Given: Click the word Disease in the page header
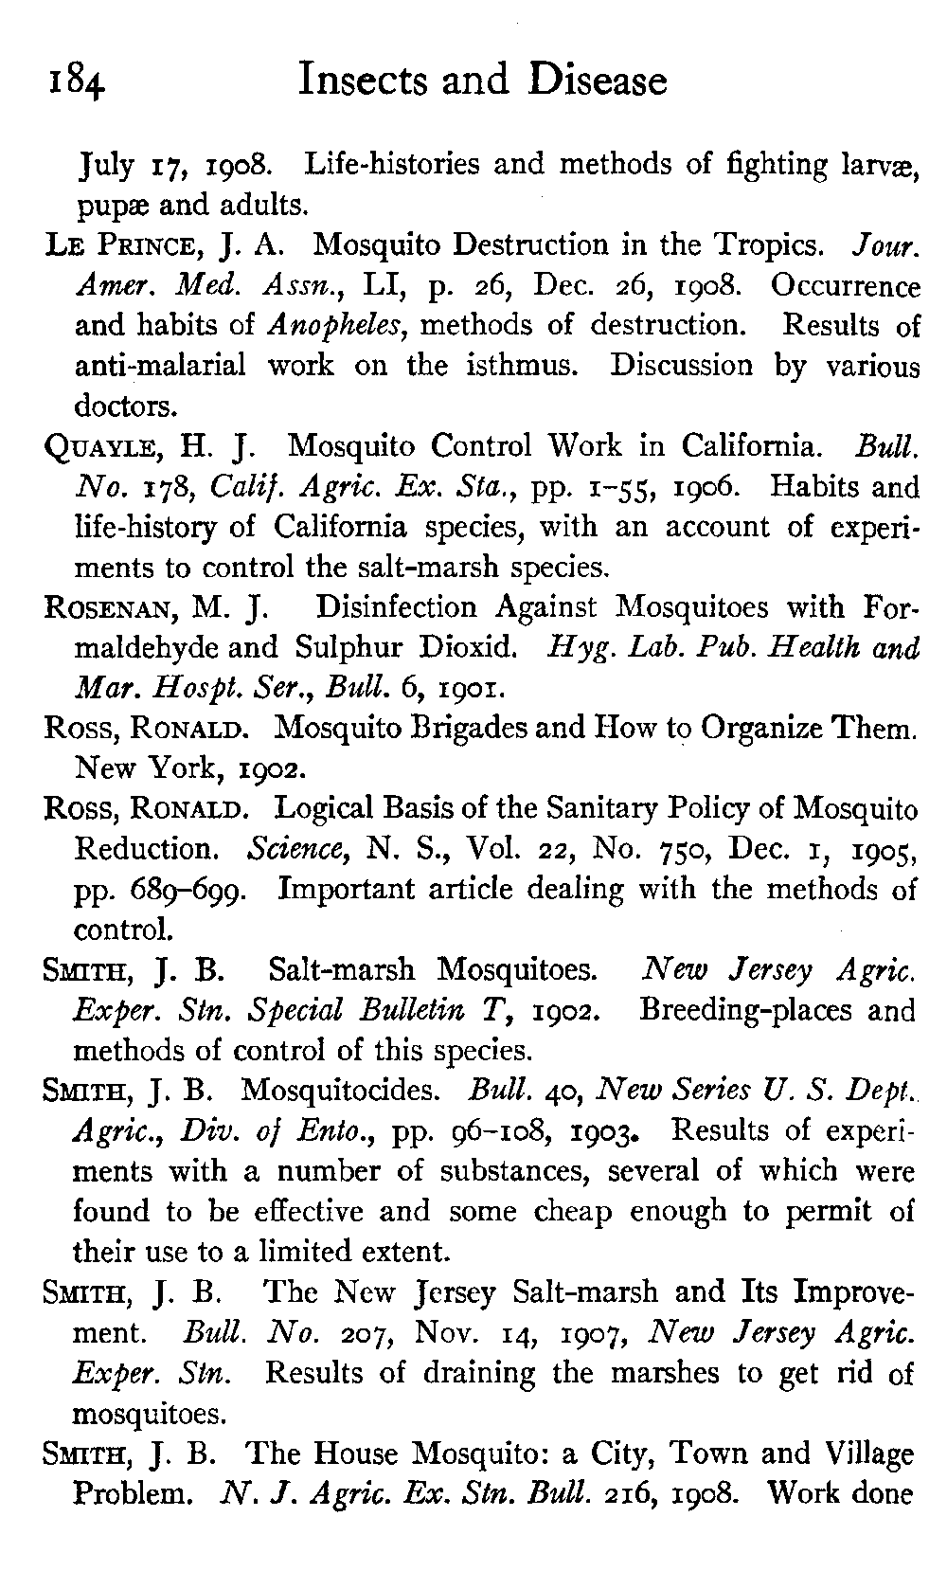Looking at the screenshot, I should (598, 81).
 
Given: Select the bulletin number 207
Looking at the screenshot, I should (325, 1333).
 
